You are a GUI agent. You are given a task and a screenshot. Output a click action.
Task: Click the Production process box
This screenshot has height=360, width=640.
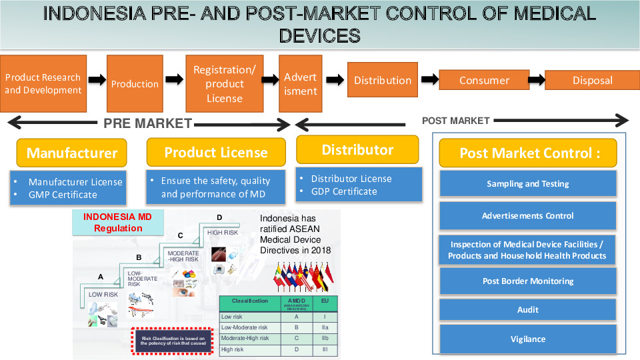coord(135,83)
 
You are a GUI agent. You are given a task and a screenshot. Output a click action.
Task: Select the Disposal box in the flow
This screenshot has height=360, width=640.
coord(592,80)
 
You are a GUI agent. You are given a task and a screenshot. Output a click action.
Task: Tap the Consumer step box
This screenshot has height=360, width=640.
coord(484,80)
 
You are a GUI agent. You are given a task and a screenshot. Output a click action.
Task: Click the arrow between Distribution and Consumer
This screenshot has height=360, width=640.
coord(430,80)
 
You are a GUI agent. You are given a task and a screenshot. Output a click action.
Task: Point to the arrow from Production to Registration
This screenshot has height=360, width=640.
coord(174,80)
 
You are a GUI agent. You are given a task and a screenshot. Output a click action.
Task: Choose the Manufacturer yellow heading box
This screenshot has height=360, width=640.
coord(72,153)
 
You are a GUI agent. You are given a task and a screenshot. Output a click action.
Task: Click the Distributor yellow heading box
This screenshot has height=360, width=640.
coord(357,150)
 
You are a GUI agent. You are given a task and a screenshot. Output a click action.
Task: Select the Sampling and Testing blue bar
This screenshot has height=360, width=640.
coord(528,184)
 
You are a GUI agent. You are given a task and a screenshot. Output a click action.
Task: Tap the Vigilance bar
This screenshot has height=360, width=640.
coord(528,339)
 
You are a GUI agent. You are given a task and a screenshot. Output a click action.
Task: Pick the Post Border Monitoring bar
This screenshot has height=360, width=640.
coord(528,281)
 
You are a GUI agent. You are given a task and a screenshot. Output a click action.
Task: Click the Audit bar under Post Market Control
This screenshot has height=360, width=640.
coord(528,309)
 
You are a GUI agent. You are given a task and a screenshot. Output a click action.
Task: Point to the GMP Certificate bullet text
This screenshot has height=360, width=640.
coord(63,195)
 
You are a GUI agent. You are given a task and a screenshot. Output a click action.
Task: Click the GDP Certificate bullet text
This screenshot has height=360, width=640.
coord(344,191)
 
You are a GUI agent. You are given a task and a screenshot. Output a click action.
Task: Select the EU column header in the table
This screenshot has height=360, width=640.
coord(325,301)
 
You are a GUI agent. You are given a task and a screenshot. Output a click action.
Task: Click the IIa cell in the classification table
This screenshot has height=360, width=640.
coord(325,328)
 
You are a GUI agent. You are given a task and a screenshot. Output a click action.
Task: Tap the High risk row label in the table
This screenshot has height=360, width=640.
coord(233,349)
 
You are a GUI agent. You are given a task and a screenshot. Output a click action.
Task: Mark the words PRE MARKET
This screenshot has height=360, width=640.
coord(147,123)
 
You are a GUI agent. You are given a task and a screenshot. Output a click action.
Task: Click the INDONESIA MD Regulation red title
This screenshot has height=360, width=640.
coord(117,223)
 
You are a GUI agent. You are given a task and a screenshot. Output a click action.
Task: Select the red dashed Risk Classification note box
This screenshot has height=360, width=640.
coord(173,341)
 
